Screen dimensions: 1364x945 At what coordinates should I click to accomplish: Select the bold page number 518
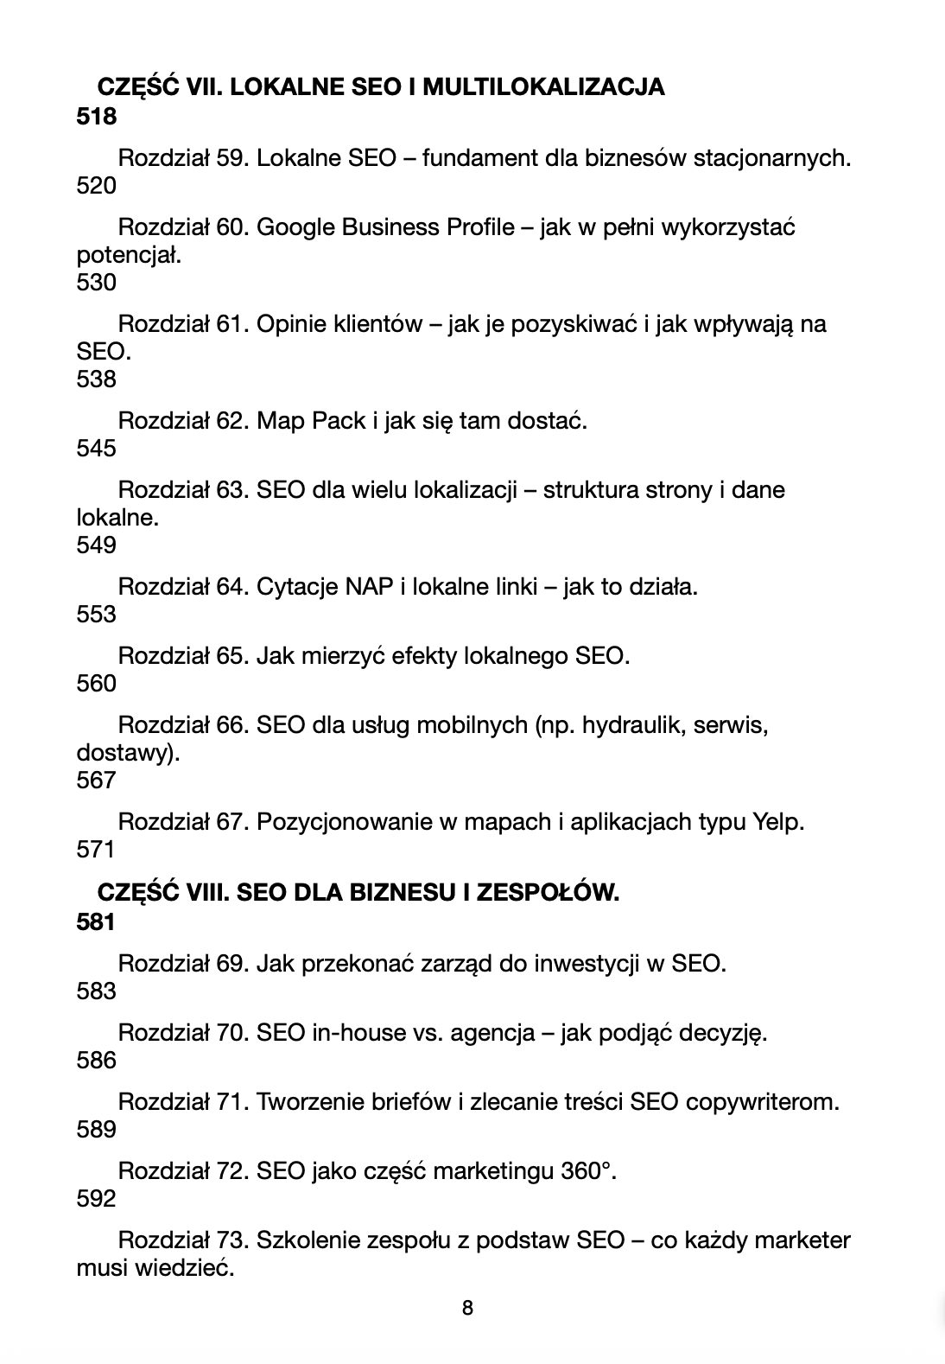pos(96,116)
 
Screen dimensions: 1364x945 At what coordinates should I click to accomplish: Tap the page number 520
pos(96,186)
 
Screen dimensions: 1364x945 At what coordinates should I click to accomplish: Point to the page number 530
pos(96,283)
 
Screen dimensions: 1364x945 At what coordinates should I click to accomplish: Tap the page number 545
pos(96,449)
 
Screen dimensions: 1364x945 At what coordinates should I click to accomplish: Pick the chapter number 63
pos(232,490)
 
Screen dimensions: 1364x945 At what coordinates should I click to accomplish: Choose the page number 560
pos(96,684)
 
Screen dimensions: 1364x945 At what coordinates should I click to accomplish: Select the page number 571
pos(96,850)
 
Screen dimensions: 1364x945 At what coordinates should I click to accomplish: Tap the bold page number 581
pos(96,922)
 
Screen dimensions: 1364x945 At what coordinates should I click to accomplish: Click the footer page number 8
pos(468,1308)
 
